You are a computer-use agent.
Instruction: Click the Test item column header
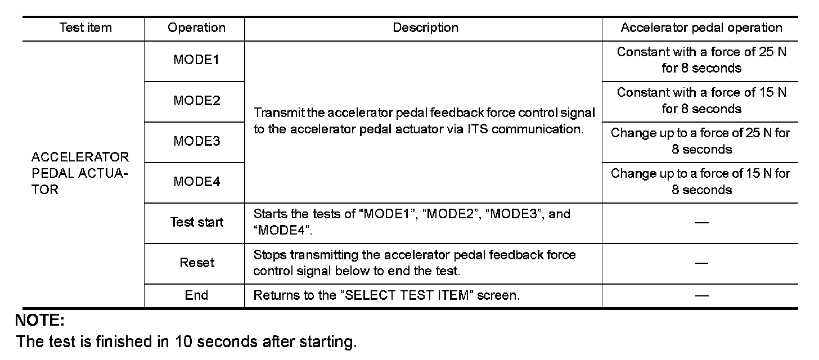(x=85, y=28)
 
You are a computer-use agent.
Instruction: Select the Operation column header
(x=196, y=28)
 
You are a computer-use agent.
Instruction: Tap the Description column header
(x=425, y=28)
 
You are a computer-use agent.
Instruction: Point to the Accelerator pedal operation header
(x=701, y=28)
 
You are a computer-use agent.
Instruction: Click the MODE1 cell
(x=196, y=60)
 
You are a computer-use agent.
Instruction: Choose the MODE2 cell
(x=196, y=101)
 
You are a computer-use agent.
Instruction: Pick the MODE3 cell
(x=196, y=142)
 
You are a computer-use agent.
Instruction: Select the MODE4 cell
(x=196, y=182)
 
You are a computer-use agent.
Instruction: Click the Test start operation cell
(x=196, y=222)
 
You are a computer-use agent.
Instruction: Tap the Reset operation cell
(x=196, y=263)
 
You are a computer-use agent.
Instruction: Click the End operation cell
(x=196, y=295)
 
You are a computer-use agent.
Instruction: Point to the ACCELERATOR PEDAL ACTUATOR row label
(x=80, y=173)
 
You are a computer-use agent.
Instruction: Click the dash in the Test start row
(x=701, y=223)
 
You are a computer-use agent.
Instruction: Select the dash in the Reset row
(x=701, y=263)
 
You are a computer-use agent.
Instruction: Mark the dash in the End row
(x=701, y=296)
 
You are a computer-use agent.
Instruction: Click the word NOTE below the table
(x=39, y=322)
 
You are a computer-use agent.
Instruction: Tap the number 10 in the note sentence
(x=183, y=341)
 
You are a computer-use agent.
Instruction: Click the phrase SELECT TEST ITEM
(x=406, y=295)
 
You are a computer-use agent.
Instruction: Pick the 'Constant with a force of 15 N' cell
(x=701, y=101)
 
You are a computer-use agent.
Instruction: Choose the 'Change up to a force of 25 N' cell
(x=701, y=141)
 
